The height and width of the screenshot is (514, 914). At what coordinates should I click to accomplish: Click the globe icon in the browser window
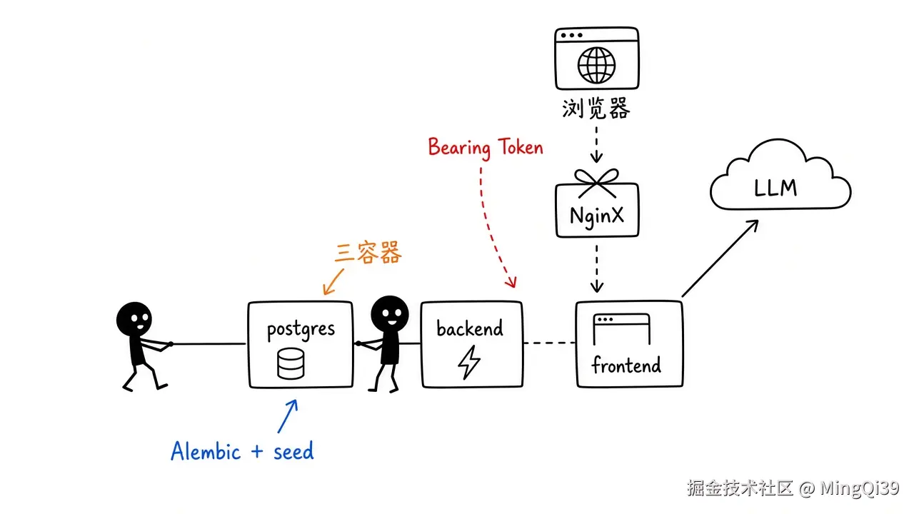click(596, 65)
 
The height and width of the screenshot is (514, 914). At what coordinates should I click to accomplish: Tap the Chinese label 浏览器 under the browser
click(596, 109)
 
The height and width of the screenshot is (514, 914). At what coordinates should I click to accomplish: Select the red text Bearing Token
click(486, 148)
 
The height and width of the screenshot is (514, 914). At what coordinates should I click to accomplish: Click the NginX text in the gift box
click(597, 216)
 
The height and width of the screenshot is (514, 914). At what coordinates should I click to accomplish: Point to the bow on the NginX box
click(596, 182)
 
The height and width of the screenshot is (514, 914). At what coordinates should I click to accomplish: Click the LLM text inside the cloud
click(775, 188)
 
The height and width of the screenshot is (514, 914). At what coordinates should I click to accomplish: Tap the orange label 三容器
click(368, 252)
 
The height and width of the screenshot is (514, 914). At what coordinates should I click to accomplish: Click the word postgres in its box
click(301, 331)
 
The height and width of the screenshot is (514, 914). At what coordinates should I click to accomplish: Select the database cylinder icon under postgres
click(291, 363)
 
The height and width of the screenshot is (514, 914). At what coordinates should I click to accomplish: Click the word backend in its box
click(470, 328)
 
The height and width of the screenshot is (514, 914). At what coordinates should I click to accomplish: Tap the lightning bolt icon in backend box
click(469, 362)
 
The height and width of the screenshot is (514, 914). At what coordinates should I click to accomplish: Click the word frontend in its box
click(626, 365)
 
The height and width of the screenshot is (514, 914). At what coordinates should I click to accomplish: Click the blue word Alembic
click(206, 451)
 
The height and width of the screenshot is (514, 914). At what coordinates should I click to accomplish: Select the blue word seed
click(293, 451)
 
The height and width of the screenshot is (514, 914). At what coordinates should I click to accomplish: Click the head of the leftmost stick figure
click(134, 319)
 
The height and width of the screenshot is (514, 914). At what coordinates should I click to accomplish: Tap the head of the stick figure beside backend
click(390, 314)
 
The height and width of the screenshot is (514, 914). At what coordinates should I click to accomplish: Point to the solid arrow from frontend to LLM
click(720, 258)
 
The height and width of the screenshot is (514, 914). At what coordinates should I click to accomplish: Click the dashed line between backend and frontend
click(549, 343)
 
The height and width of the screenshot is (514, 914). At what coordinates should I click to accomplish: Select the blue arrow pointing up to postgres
click(288, 415)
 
